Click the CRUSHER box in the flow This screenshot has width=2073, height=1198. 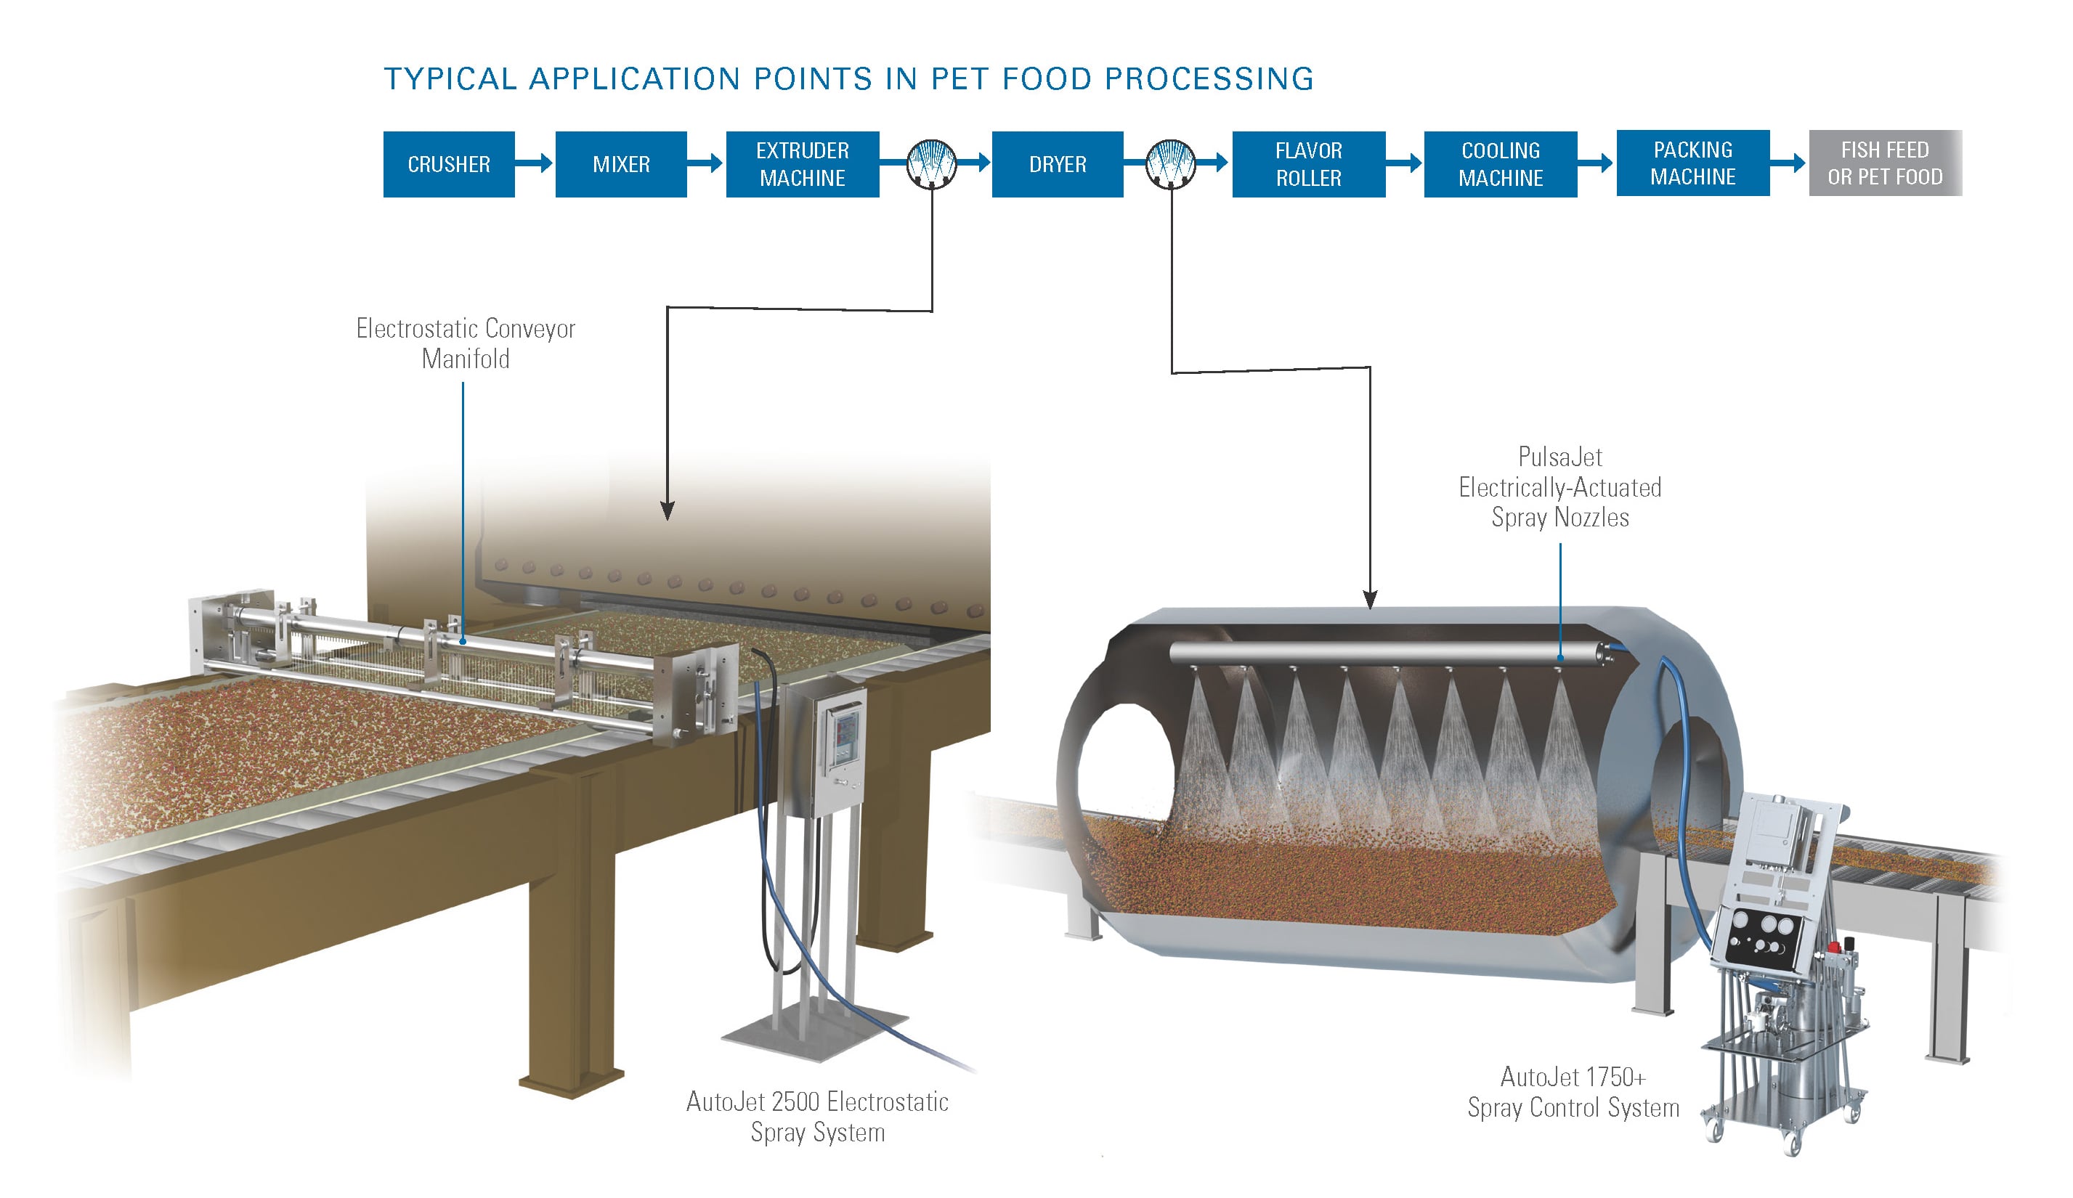[x=448, y=163]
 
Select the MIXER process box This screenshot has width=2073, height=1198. [x=620, y=163]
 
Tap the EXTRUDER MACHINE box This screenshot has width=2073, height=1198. [x=802, y=163]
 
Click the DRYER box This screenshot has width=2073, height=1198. [x=1057, y=163]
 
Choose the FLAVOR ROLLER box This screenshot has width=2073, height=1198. [x=1308, y=163]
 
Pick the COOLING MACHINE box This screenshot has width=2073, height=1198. [x=1501, y=163]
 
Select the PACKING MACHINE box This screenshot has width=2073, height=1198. [x=1692, y=163]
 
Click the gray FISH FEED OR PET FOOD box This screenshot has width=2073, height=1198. [x=1885, y=163]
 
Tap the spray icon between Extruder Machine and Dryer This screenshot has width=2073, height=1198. [x=931, y=163]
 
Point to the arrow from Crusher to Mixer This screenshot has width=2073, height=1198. [x=535, y=163]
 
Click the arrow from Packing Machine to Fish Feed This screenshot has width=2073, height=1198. [x=1788, y=163]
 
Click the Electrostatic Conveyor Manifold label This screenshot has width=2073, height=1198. [x=465, y=343]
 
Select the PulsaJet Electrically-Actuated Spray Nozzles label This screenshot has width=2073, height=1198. [x=1559, y=486]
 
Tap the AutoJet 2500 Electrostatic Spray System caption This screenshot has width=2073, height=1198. [x=817, y=1116]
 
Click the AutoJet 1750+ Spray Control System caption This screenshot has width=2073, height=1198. [x=1572, y=1091]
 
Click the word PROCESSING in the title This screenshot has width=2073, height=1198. [x=1209, y=79]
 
